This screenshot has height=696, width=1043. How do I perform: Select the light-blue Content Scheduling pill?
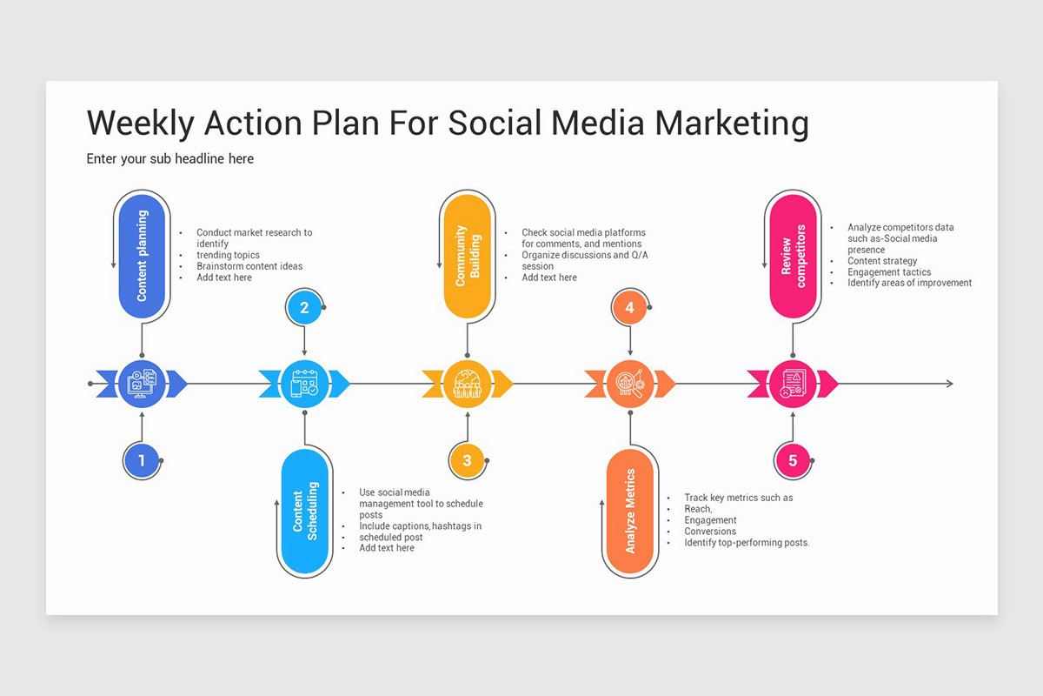coord(305,512)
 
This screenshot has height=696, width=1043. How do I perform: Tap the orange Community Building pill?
coord(468,256)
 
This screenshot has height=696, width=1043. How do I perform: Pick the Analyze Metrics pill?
coord(630,512)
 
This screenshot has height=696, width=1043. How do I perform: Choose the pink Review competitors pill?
coord(794,256)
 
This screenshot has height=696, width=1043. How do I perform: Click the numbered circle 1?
coord(142,461)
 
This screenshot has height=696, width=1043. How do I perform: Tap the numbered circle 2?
coord(304,307)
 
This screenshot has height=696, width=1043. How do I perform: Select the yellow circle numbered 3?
coord(467,461)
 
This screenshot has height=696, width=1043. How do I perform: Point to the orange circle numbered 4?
coord(629,307)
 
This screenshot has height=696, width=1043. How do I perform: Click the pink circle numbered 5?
coord(792,461)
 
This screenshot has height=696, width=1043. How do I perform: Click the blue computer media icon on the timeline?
coord(142,384)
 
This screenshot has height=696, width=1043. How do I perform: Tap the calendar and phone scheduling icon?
coord(304,384)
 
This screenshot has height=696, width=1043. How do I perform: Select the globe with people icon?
coord(468,384)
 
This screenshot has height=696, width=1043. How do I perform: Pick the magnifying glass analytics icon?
coord(629,384)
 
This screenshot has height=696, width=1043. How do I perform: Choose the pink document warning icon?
coord(792,384)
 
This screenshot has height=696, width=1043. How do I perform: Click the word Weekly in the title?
coord(140,124)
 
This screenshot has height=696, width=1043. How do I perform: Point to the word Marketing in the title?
coord(731,124)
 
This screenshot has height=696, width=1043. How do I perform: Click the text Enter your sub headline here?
coord(170,159)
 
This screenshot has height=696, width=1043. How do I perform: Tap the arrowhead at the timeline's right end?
coord(948,384)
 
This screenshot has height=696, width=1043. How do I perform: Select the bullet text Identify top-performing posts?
coord(747,543)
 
